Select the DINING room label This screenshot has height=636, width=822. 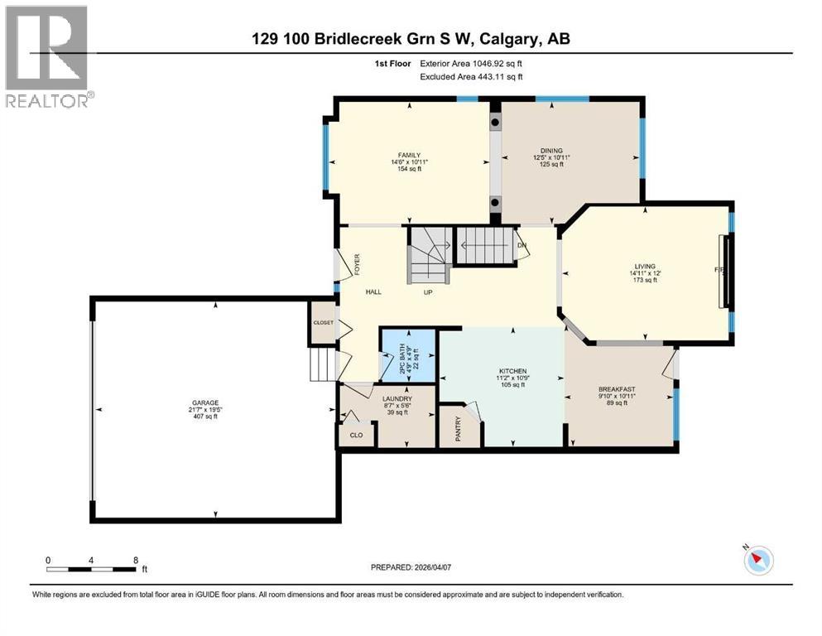pos(548,151)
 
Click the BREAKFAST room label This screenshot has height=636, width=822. pos(616,389)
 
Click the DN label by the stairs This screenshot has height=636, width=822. pos(522,245)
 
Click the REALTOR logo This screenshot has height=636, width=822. pos(48,56)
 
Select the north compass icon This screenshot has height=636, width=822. pos(757,561)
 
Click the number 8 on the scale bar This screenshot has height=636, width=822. pos(135,559)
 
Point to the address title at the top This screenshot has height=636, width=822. pos(411,38)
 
